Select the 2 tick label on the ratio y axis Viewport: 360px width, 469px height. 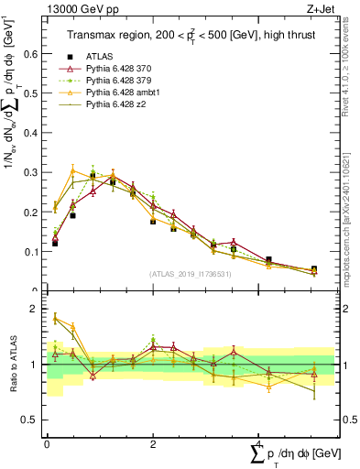tap(37, 309)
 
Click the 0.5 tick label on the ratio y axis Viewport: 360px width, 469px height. tap(32, 420)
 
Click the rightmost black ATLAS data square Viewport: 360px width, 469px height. tap(313, 269)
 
